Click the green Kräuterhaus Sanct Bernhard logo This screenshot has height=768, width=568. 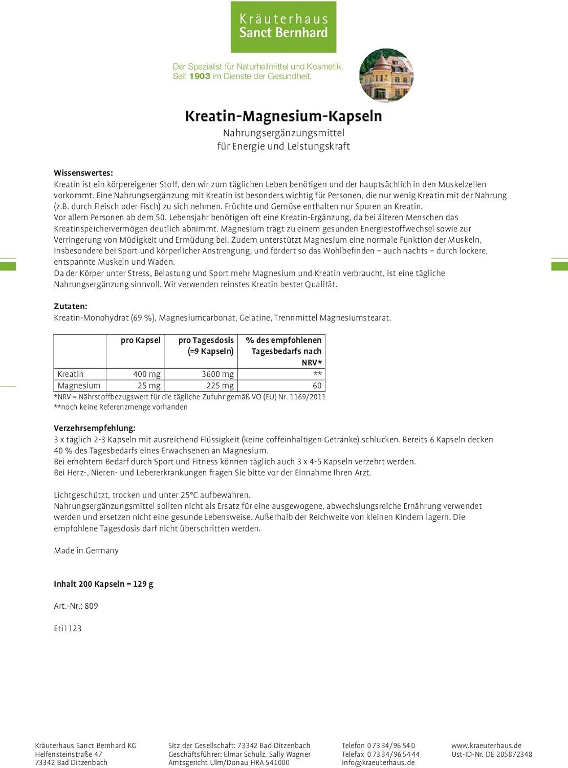point(283,27)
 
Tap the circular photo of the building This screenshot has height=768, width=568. point(386,75)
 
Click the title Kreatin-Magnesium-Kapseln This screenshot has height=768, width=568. point(283,116)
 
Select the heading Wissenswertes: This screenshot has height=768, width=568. point(83,173)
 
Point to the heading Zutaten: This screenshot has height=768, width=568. point(71,306)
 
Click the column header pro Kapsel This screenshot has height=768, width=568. point(140,340)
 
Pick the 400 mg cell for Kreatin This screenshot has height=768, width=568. point(146,374)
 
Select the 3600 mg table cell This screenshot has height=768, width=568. point(217,374)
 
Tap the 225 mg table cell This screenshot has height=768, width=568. point(221,386)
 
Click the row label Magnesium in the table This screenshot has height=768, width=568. point(79,386)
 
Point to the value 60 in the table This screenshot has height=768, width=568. point(317,386)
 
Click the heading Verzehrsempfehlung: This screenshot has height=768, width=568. point(95,428)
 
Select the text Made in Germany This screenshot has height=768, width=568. point(86,550)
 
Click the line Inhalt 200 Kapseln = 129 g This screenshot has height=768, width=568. point(103,584)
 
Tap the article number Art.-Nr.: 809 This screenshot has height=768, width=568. point(76,606)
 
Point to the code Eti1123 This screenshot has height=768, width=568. point(68,628)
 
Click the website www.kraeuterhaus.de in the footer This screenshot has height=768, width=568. point(486,745)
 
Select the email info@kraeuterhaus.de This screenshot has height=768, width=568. point(378,762)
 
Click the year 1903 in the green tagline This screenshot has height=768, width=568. point(200,76)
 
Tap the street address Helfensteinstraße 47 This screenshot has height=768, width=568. point(69,754)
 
